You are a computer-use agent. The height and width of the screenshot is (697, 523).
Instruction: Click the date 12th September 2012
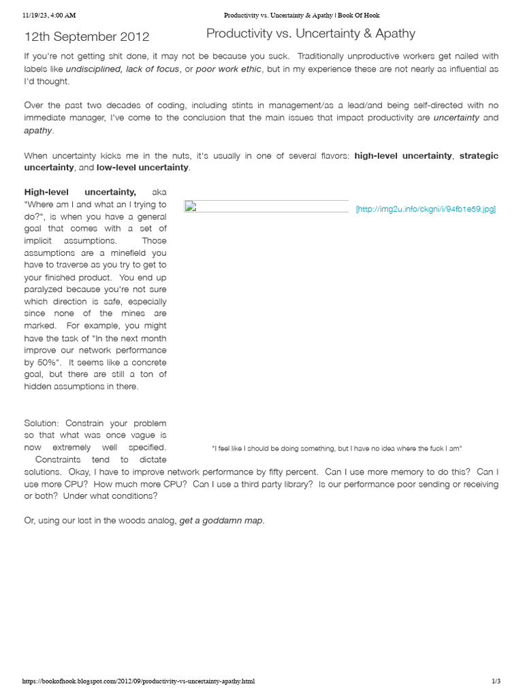(x=86, y=37)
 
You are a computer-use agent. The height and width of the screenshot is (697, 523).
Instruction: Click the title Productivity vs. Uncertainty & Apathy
(x=311, y=33)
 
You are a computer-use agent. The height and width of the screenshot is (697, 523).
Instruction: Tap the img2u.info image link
(x=426, y=209)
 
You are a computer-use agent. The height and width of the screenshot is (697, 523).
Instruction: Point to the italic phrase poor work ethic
(x=229, y=69)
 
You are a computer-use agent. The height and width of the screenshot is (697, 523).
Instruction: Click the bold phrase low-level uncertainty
(x=142, y=167)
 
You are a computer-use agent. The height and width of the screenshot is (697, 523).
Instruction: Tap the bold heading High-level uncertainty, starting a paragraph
(x=80, y=193)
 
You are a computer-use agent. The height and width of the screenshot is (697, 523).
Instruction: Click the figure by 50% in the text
(x=41, y=362)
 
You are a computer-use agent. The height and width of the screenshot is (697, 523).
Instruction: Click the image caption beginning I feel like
(x=337, y=449)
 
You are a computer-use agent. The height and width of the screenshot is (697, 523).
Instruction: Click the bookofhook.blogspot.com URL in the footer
(x=139, y=681)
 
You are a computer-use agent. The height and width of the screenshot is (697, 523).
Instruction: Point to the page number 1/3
(x=496, y=681)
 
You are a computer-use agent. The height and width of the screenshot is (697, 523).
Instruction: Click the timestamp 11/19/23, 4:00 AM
(x=49, y=14)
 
